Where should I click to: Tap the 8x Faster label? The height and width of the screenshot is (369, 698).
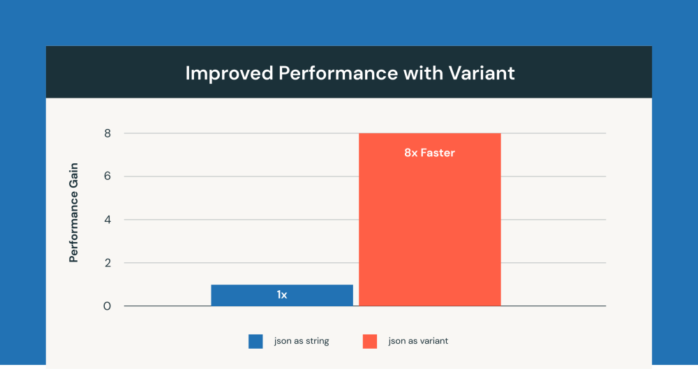pyautogui.click(x=429, y=152)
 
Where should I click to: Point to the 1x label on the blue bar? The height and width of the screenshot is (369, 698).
pyautogui.click(x=282, y=295)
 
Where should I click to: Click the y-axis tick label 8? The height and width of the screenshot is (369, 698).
pyautogui.click(x=107, y=133)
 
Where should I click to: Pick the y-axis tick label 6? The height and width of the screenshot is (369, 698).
pyautogui.click(x=107, y=176)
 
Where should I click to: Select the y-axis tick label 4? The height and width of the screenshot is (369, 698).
pyautogui.click(x=107, y=220)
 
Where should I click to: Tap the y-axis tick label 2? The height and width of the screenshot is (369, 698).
pyautogui.click(x=107, y=263)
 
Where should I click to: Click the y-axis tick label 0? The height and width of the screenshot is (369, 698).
pyautogui.click(x=107, y=306)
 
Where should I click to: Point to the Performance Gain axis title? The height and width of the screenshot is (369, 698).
pyautogui.click(x=73, y=212)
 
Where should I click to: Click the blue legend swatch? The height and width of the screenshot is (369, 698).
pyautogui.click(x=255, y=341)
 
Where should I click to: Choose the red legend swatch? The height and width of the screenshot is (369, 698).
pyautogui.click(x=370, y=341)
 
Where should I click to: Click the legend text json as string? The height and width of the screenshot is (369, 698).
pyautogui.click(x=302, y=341)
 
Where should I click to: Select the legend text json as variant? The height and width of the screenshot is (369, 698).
pyautogui.click(x=418, y=341)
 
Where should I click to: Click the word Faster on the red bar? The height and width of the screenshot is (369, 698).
pyautogui.click(x=438, y=152)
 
